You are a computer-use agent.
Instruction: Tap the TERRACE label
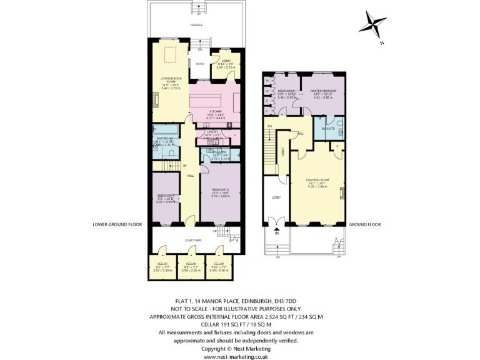tap(197, 25)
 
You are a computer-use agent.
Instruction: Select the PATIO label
tap(200, 64)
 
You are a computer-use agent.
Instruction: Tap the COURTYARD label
tap(193, 240)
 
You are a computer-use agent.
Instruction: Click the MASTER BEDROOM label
tap(324, 91)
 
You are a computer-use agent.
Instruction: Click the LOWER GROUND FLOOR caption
tap(117, 224)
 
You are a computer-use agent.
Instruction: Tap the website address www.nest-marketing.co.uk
tap(236, 356)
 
